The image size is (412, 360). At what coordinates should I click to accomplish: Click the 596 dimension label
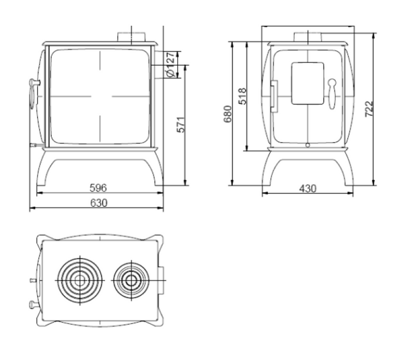(x=98, y=188)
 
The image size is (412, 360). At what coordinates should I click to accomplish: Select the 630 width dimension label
(x=98, y=203)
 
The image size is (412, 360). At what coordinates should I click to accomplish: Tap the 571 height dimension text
(x=181, y=124)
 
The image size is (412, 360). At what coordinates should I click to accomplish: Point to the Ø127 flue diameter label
(x=171, y=65)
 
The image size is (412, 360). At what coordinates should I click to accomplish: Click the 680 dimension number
(x=228, y=114)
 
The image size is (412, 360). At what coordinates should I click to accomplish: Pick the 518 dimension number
(x=242, y=96)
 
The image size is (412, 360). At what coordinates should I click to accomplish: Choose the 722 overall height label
(x=369, y=109)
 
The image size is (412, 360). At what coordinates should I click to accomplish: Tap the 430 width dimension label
(x=307, y=188)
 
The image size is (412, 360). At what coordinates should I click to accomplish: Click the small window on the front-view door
(x=307, y=83)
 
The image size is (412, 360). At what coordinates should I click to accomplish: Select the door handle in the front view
(x=332, y=94)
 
